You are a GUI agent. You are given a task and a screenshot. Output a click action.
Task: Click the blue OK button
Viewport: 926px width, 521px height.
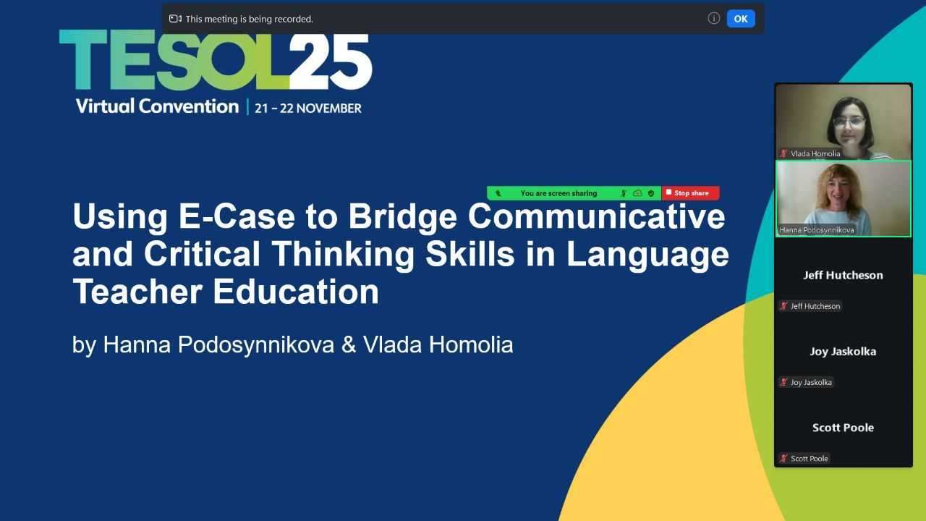tap(741, 19)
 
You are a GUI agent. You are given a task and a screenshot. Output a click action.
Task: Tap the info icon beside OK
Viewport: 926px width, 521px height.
tap(713, 18)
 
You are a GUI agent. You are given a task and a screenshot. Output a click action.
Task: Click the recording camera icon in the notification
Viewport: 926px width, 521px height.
tap(175, 19)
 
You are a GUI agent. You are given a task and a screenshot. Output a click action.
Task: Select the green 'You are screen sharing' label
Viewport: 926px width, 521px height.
tap(558, 193)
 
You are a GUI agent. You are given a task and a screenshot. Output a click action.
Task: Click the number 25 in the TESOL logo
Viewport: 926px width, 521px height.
tap(331, 62)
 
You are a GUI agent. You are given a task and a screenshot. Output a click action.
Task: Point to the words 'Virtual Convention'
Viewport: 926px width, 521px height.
tap(157, 106)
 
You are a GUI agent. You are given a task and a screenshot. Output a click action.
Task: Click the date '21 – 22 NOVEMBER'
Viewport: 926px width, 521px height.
tap(308, 109)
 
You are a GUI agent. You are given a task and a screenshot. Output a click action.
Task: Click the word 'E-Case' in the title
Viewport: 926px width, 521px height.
tap(237, 216)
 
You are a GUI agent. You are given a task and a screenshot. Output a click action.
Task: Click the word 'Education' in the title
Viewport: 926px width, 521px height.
tap(296, 291)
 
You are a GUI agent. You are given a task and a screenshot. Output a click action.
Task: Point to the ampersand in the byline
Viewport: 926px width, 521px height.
tap(349, 344)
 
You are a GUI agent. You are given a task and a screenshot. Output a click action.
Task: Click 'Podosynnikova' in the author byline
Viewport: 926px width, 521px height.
tap(256, 345)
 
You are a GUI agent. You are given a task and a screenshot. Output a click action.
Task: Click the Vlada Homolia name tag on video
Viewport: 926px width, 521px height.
tap(811, 153)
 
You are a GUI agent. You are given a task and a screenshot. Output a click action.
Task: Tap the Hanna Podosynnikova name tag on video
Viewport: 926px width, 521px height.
tap(817, 230)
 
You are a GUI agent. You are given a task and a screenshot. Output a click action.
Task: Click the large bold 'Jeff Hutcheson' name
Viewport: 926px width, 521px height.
tap(843, 276)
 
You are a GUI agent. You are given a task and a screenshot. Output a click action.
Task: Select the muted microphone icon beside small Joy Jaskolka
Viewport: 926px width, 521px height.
tap(783, 382)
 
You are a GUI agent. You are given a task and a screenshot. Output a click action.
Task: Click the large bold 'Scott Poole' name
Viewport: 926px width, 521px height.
tap(843, 428)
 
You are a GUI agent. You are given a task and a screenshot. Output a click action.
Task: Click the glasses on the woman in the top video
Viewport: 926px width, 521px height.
tap(849, 122)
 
